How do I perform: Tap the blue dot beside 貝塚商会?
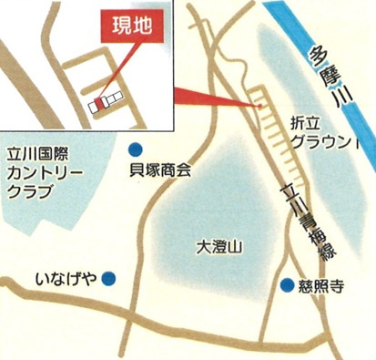[135, 149]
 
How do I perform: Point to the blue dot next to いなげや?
[109, 278]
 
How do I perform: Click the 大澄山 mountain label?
[218, 246]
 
